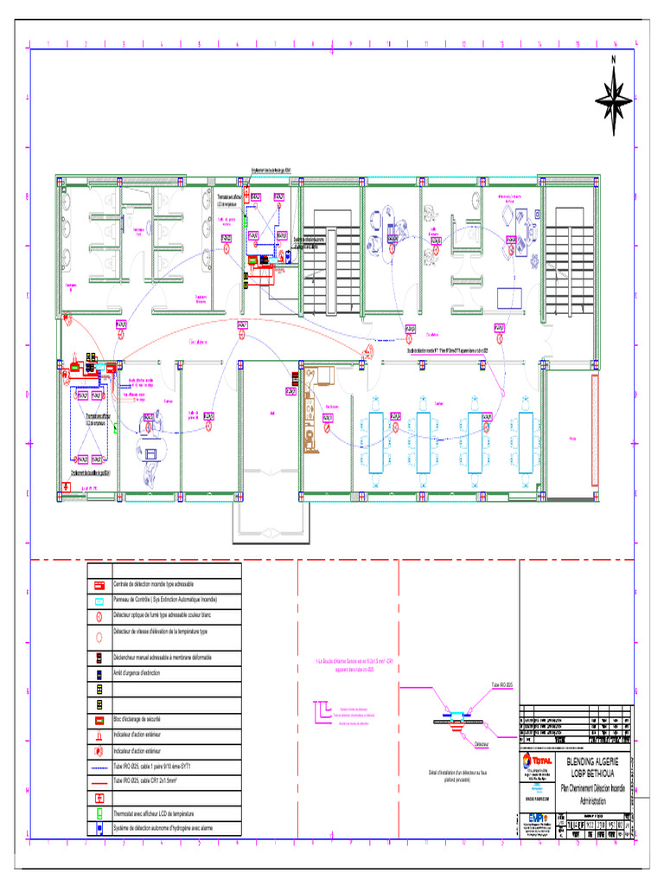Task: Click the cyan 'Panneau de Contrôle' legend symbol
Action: coord(100,600)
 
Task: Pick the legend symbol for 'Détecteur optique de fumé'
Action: coord(100,615)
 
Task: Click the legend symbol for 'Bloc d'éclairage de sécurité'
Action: coord(100,720)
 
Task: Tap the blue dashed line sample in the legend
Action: coord(100,767)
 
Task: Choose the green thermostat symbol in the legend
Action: coord(100,814)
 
